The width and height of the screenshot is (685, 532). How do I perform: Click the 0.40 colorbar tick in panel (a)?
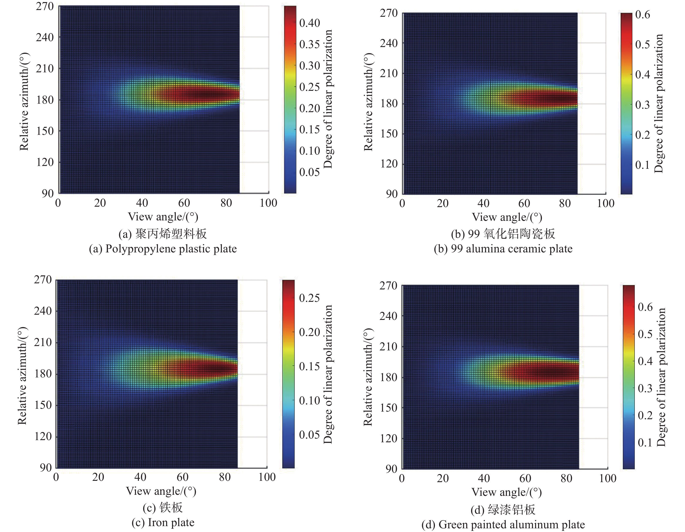click(309, 23)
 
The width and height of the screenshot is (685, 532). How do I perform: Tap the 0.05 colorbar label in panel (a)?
click(309, 172)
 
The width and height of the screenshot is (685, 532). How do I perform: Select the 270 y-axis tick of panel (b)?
click(389, 13)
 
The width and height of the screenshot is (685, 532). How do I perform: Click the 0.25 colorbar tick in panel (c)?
click(309, 298)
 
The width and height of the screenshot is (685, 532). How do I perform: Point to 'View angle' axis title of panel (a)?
click(163, 217)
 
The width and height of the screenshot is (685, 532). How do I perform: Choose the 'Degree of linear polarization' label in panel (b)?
click(659, 104)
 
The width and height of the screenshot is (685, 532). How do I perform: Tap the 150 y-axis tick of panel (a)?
click(45, 131)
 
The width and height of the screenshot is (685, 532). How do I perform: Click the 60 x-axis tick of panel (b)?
click(524, 204)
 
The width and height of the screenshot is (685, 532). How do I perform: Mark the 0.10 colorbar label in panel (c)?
click(309, 400)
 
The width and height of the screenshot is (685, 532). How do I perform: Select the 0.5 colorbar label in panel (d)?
click(645, 334)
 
